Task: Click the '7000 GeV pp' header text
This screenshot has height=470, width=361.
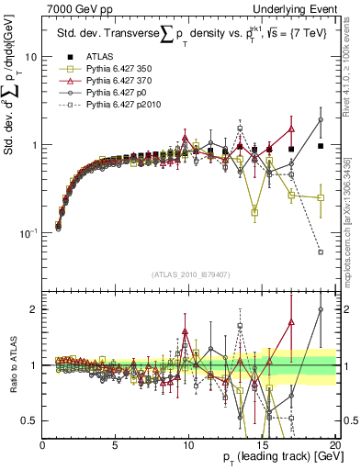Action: pyautogui.click(x=73, y=8)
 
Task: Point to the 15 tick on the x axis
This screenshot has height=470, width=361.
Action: pyautogui.click(x=262, y=445)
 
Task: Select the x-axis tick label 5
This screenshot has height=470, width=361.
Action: pyautogui.click(x=116, y=445)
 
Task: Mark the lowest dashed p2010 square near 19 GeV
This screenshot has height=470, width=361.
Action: pyautogui.click(x=321, y=252)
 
